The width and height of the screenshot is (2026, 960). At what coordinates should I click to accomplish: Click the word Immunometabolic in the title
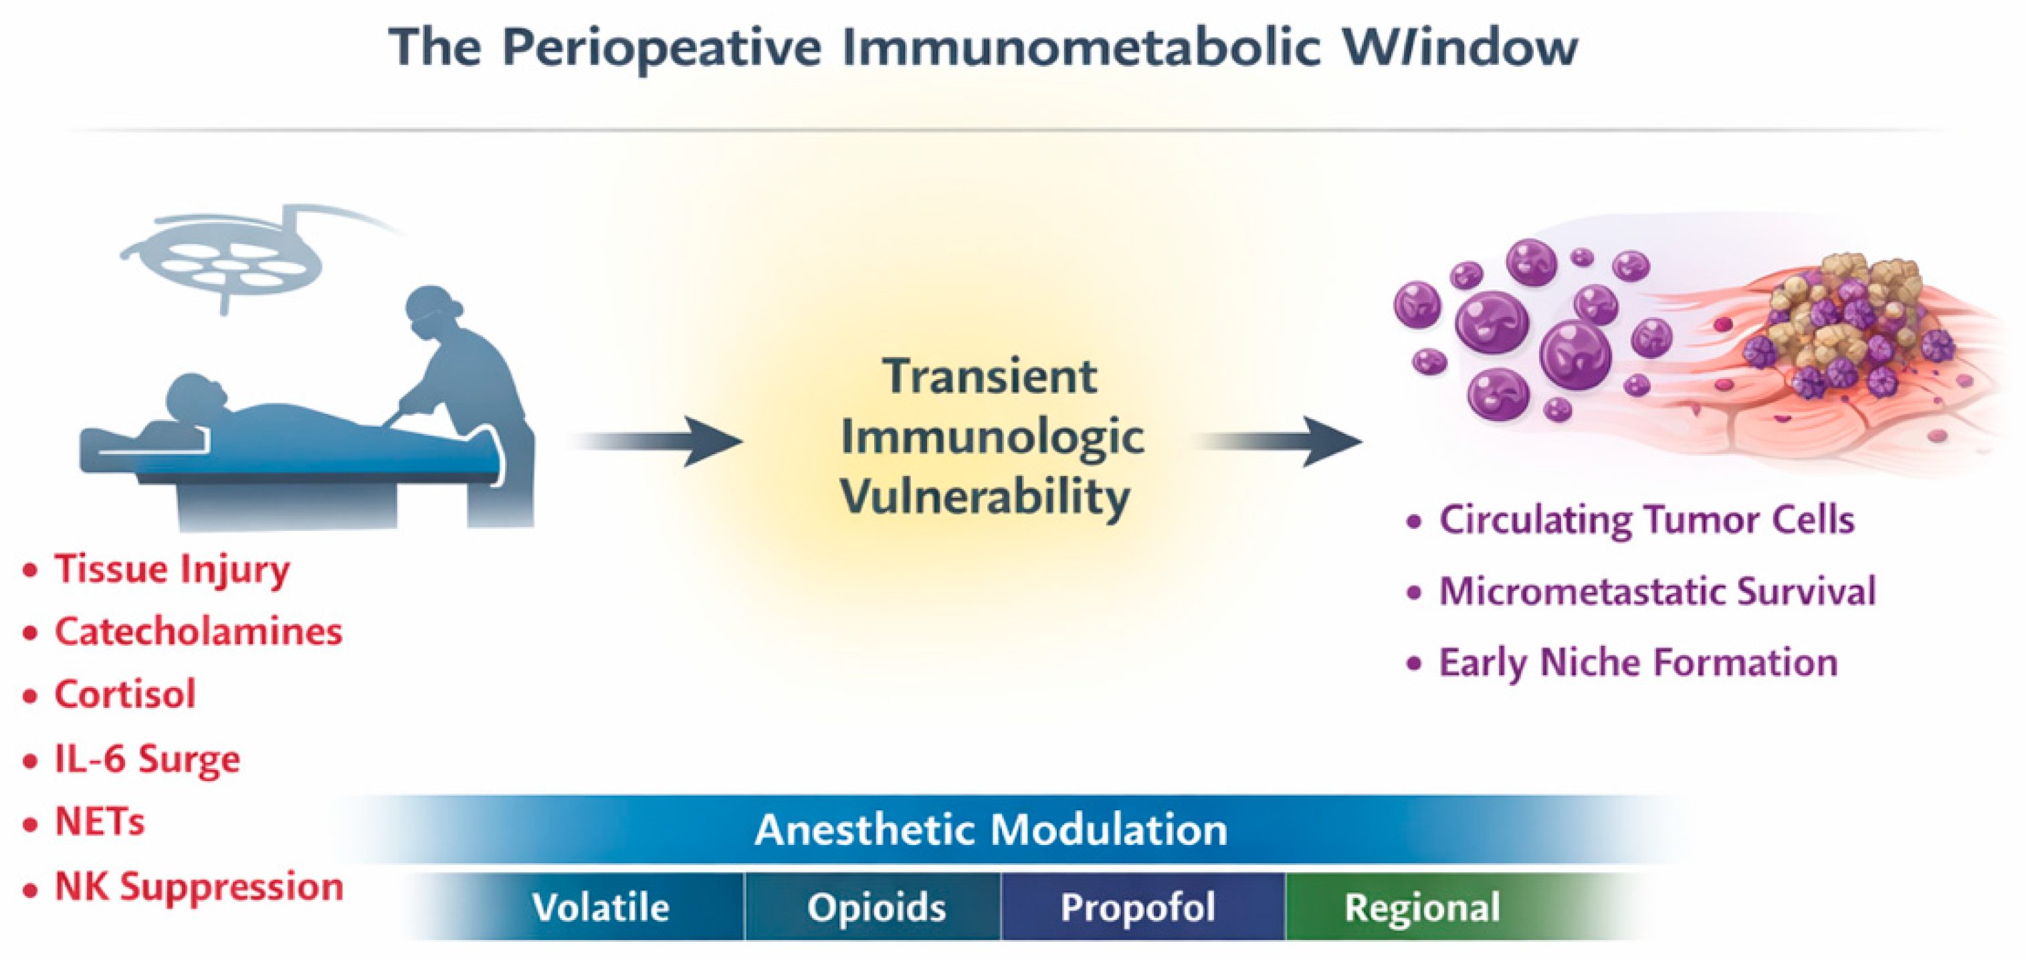[1081, 47]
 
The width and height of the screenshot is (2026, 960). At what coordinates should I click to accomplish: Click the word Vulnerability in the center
[985, 497]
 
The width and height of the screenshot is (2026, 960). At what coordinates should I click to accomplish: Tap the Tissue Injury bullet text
[171, 569]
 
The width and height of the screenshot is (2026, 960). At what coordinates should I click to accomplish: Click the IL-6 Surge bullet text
[147, 759]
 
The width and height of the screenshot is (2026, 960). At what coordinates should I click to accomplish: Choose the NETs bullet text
[100, 822]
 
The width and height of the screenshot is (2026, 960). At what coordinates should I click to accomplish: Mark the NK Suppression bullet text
[199, 887]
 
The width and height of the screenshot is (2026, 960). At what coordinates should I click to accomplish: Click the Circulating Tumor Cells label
[1646, 521]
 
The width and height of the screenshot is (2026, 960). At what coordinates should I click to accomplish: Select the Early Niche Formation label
[1638, 662]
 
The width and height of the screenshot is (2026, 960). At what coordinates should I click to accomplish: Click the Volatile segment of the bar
[600, 907]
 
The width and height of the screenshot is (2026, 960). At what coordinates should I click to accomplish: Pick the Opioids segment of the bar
[876, 907]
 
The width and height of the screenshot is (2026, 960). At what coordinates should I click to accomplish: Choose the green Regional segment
[1422, 907]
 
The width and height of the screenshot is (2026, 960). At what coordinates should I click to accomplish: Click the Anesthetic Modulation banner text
[991, 830]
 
